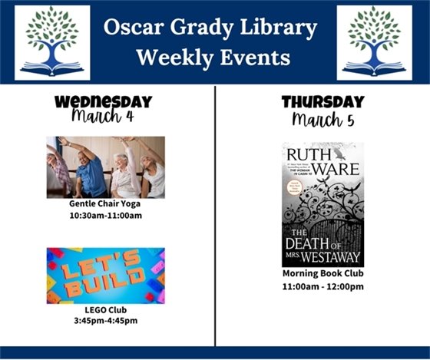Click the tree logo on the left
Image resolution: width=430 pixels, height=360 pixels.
(x=52, y=42)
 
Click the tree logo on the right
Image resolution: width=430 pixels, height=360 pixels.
(x=374, y=42)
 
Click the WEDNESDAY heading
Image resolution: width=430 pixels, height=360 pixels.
(x=104, y=102)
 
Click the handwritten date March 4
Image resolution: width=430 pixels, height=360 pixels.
(x=102, y=117)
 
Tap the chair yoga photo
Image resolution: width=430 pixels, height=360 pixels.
(x=105, y=167)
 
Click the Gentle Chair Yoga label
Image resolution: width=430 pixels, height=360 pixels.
(x=105, y=204)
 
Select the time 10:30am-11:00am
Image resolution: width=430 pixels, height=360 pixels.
(x=105, y=216)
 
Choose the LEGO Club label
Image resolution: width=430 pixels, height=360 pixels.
(x=105, y=310)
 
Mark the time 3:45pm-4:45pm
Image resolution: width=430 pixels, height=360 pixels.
(x=105, y=321)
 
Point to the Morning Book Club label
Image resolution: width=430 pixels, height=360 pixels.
(x=322, y=274)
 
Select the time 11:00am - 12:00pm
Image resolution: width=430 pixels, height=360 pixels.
(x=322, y=286)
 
